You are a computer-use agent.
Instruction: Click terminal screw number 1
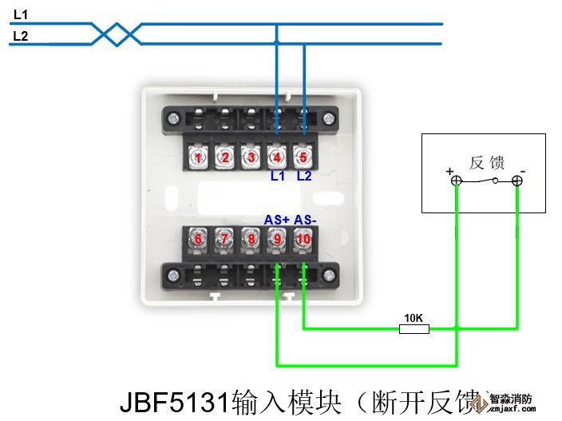coord(199,157)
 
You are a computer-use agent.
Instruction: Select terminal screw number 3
coord(251,157)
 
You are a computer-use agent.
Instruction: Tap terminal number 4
coord(276,157)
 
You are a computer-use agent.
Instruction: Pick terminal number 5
coord(302,157)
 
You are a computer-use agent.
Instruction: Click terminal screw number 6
coord(199,238)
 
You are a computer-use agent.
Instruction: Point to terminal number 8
coord(251,238)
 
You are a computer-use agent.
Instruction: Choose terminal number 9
coord(276,238)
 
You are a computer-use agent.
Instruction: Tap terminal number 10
coord(302,238)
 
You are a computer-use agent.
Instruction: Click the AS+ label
coord(276,220)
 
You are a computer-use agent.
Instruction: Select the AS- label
coord(305,220)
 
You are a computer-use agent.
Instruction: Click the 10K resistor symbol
coord(414,328)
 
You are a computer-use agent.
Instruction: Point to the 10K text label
coord(414,318)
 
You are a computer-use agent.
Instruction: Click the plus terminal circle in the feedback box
coord(456,181)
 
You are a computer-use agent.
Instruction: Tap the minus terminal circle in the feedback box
coord(517,181)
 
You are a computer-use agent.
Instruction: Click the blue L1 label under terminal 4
coord(277,176)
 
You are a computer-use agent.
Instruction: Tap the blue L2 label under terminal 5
coord(304,176)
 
